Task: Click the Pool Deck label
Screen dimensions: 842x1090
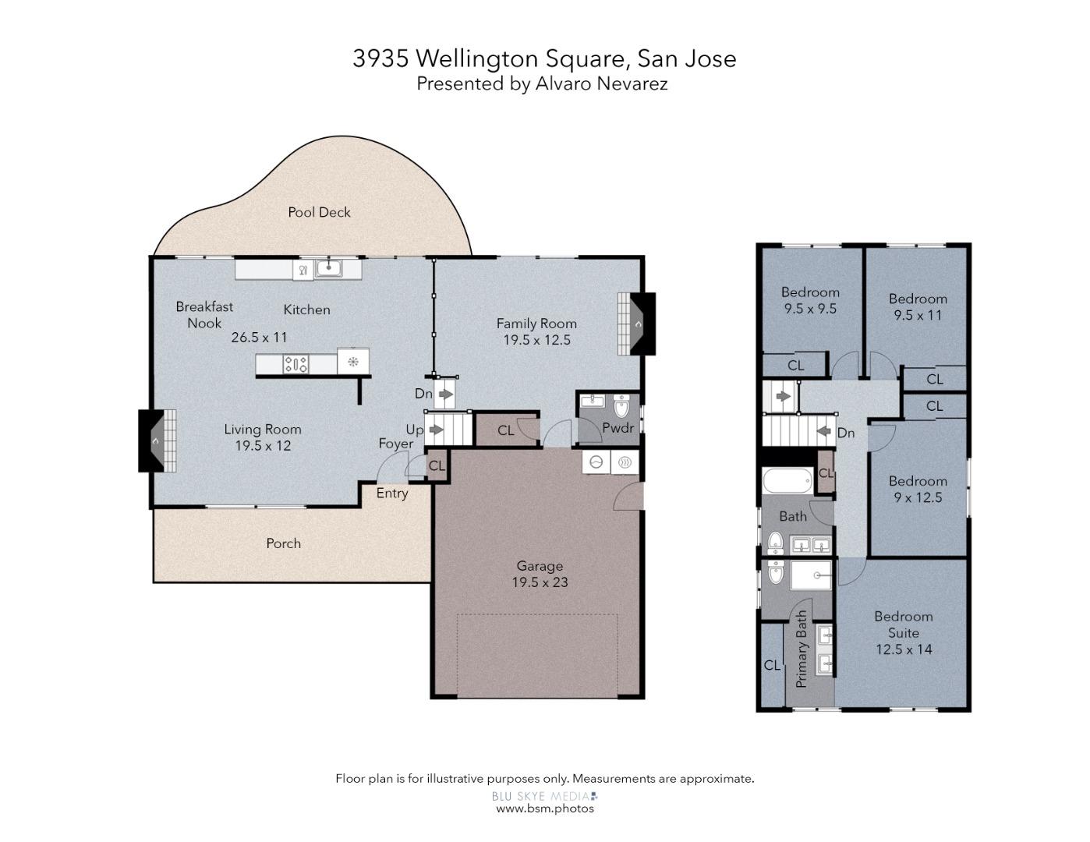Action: coord(319,212)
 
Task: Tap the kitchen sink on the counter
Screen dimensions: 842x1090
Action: coord(328,270)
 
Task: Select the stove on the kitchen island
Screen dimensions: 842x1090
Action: coord(296,363)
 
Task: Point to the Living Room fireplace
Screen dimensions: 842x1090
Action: coord(156,440)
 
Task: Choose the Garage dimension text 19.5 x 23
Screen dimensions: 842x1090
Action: coord(540,582)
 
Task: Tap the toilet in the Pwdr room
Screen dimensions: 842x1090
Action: coord(621,407)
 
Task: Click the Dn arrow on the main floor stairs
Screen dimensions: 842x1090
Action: coord(445,394)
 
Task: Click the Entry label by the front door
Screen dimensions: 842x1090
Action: coord(392,494)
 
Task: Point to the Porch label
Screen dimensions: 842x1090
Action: coord(283,543)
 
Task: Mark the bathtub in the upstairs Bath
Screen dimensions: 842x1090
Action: coord(787,480)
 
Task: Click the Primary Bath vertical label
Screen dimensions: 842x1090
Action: coord(802,649)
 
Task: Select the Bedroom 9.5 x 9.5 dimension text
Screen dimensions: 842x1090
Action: coord(810,309)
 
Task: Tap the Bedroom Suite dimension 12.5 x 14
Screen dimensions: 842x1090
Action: coord(903,649)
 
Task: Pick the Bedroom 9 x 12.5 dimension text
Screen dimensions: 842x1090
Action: coord(918,497)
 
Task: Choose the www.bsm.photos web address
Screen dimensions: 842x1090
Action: coord(545,808)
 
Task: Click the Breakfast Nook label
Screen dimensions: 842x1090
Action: coord(204,315)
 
